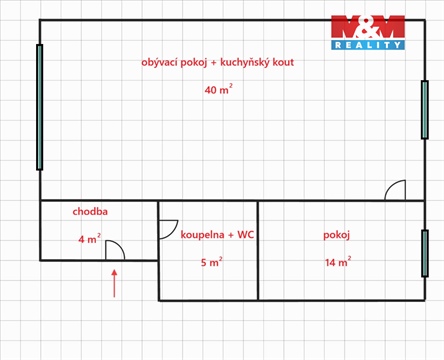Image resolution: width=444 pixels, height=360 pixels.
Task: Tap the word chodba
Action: click(90, 212)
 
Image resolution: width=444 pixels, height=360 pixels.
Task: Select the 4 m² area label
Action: click(89, 239)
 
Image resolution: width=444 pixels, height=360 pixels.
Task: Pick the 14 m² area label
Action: click(337, 263)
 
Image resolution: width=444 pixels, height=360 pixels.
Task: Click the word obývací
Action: click(163, 62)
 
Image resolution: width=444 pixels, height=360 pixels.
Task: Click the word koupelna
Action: click(201, 235)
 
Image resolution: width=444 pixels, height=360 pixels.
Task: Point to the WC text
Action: click(245, 235)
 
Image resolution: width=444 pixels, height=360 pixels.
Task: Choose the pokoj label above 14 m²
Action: click(337, 235)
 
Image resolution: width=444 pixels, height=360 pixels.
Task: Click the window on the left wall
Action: click(40, 106)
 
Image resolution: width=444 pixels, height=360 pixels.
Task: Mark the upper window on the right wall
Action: click(424, 110)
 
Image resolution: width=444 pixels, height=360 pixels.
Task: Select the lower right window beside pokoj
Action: click(424, 253)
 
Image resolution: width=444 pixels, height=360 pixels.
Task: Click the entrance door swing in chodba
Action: click(115, 250)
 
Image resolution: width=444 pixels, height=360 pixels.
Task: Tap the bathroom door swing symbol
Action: click(168, 229)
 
